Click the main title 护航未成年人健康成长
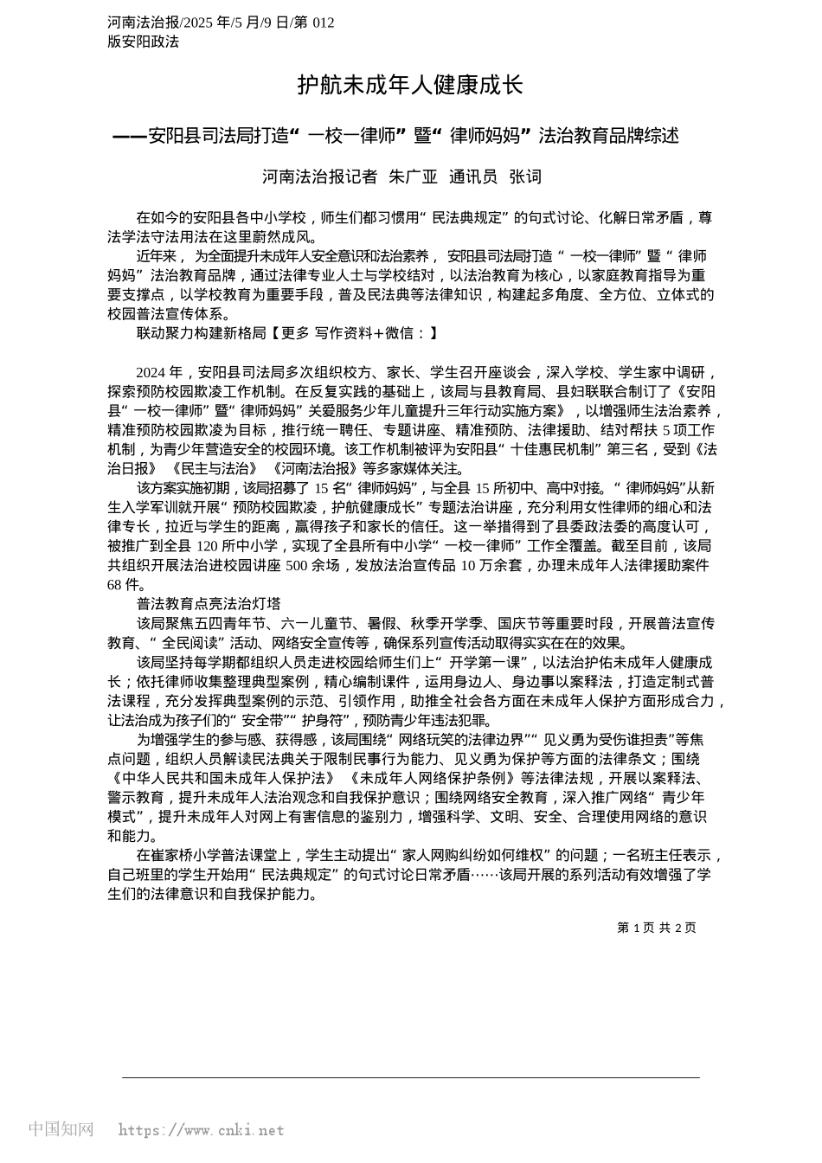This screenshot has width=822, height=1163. click(x=410, y=85)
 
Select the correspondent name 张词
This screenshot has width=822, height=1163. click(x=525, y=177)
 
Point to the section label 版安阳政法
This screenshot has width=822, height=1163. click(x=143, y=41)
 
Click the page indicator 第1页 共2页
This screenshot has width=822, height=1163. click(x=656, y=928)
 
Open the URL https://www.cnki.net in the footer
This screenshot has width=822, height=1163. click(x=201, y=1130)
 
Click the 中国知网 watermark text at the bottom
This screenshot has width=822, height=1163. click(x=61, y=1129)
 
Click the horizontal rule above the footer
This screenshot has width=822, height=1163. click(x=410, y=1077)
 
